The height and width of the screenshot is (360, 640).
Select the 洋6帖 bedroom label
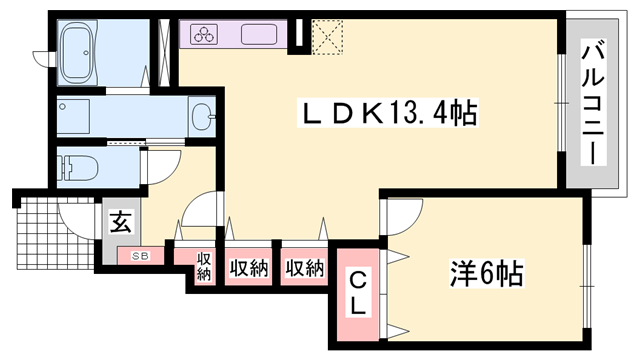click(488, 271)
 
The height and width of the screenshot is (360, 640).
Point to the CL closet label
click(356, 293)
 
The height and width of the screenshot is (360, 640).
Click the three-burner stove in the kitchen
click(206, 35)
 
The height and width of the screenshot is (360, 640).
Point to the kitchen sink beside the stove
click(263, 34)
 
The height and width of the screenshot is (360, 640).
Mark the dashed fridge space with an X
click(328, 35)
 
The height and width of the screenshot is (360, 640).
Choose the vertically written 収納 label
click(204, 267)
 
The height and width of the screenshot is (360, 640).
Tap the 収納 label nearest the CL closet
click(304, 267)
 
